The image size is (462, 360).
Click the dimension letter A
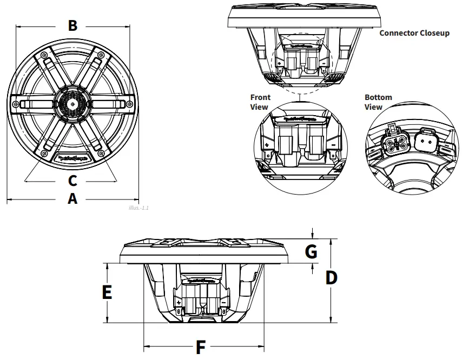point(72,199)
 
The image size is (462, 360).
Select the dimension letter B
point(72,25)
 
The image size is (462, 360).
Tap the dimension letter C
point(72,179)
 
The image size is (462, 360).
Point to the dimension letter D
point(331,278)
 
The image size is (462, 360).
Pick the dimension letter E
point(107,292)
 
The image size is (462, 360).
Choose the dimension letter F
point(201,346)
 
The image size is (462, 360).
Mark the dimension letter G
point(311,251)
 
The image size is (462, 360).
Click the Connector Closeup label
point(414,33)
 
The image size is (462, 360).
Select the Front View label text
point(259,102)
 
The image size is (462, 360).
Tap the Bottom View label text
point(378,102)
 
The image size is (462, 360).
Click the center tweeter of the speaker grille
point(72,103)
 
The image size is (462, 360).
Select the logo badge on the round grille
point(72,158)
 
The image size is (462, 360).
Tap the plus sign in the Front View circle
point(267,145)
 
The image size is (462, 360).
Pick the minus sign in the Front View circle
point(333,145)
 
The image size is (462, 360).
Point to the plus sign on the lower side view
point(179,302)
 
